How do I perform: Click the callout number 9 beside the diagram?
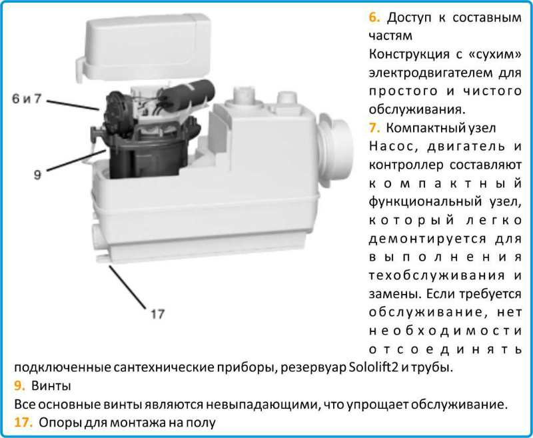[38, 175]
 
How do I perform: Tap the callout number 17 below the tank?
[157, 313]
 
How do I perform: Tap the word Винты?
[51, 385]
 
